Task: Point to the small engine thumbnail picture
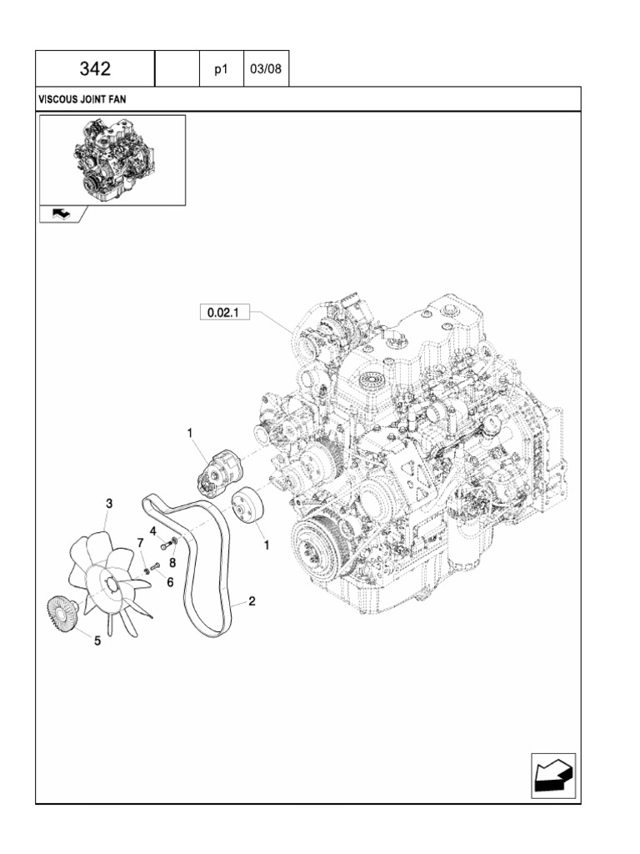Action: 112,158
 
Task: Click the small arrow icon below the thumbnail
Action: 62,214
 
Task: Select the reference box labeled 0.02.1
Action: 222,314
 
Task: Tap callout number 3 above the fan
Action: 108,503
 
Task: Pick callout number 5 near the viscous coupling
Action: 97,641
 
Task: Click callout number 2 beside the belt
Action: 251,600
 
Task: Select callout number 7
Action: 140,544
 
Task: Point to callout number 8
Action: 172,562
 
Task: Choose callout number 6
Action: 170,582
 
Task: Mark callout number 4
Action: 153,530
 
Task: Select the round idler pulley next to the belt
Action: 247,507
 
